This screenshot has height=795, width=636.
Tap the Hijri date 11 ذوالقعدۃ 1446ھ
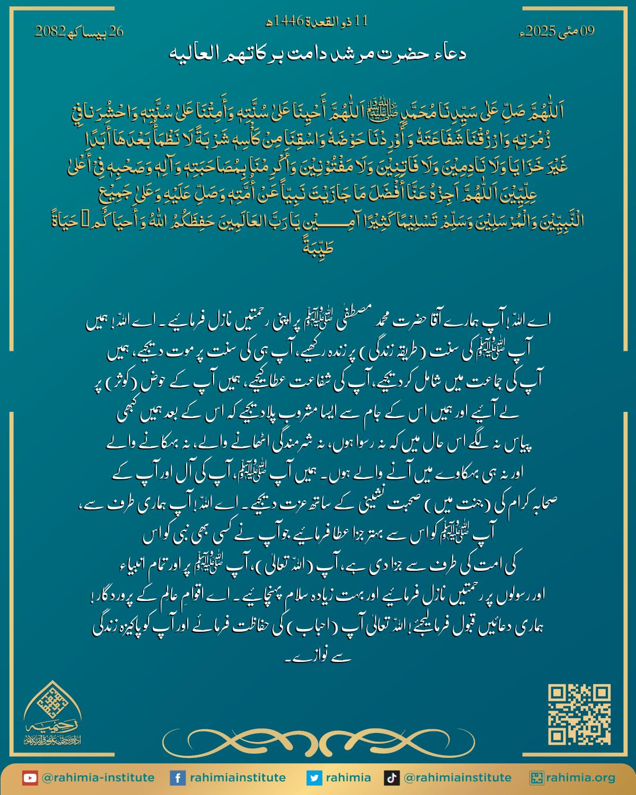(x=317, y=21)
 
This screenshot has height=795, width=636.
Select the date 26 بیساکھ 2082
(x=79, y=31)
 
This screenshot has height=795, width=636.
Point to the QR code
(x=579, y=714)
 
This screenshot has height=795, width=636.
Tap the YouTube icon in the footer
(x=30, y=778)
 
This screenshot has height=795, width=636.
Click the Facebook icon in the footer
(x=177, y=778)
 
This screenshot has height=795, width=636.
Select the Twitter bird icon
(x=314, y=778)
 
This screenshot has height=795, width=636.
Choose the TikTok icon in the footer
(x=392, y=778)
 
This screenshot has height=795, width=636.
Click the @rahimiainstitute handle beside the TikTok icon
(x=457, y=778)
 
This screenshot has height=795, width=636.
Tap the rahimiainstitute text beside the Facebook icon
(x=238, y=778)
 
